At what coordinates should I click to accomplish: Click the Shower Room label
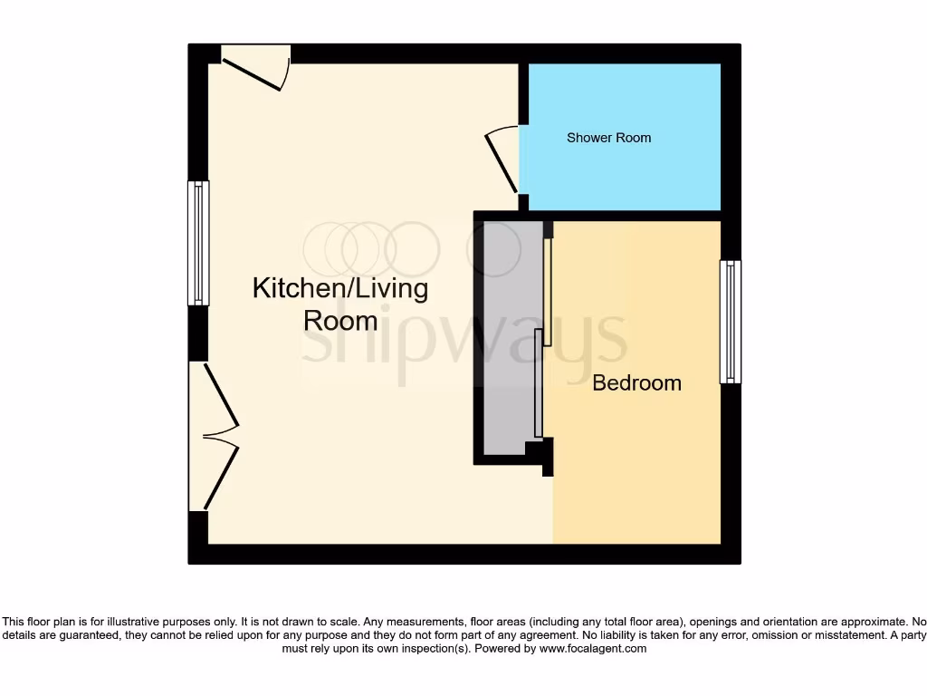[608, 138]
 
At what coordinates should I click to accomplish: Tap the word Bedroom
[636, 382]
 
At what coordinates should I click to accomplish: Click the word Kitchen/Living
[339, 289]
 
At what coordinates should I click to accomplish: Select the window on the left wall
[198, 243]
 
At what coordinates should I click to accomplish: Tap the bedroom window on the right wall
[730, 322]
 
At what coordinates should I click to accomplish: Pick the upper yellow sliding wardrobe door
[548, 292]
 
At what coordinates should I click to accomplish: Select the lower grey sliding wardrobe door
[539, 382]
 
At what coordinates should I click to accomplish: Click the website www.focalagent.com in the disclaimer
[592, 649]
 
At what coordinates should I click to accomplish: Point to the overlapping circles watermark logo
[371, 248]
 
